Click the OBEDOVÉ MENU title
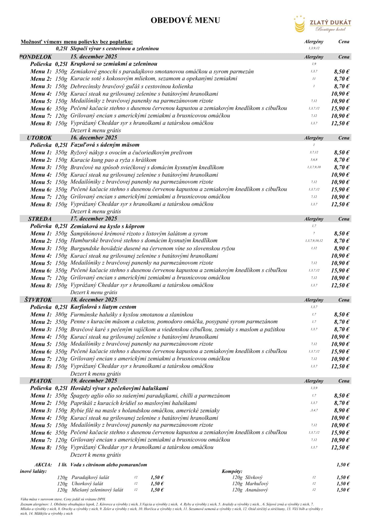pyautogui.click(x=185, y=20)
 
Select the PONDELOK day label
pyautogui.click(x=36, y=57)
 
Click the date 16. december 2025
pyautogui.click(x=93, y=138)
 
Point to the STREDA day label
pyautogui.click(x=40, y=219)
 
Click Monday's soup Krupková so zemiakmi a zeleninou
pyautogui.click(x=114, y=64)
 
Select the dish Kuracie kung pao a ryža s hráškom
pyautogui.click(x=113, y=160)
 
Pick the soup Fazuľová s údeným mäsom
pyautogui.click(x=105, y=145)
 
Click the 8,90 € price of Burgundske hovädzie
pyautogui.click(x=342, y=248)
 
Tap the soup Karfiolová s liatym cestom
pyautogui.click(x=103, y=307)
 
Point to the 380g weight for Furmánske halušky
pyautogui.click(x=61, y=315)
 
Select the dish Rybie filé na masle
pyautogui.click(x=145, y=410)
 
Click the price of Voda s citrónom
pyautogui.click(x=343, y=465)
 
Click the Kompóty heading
pyautogui.click(x=232, y=471)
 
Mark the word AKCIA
pyautogui.click(x=43, y=465)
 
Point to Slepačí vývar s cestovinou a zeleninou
pyautogui.click(x=114, y=48)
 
